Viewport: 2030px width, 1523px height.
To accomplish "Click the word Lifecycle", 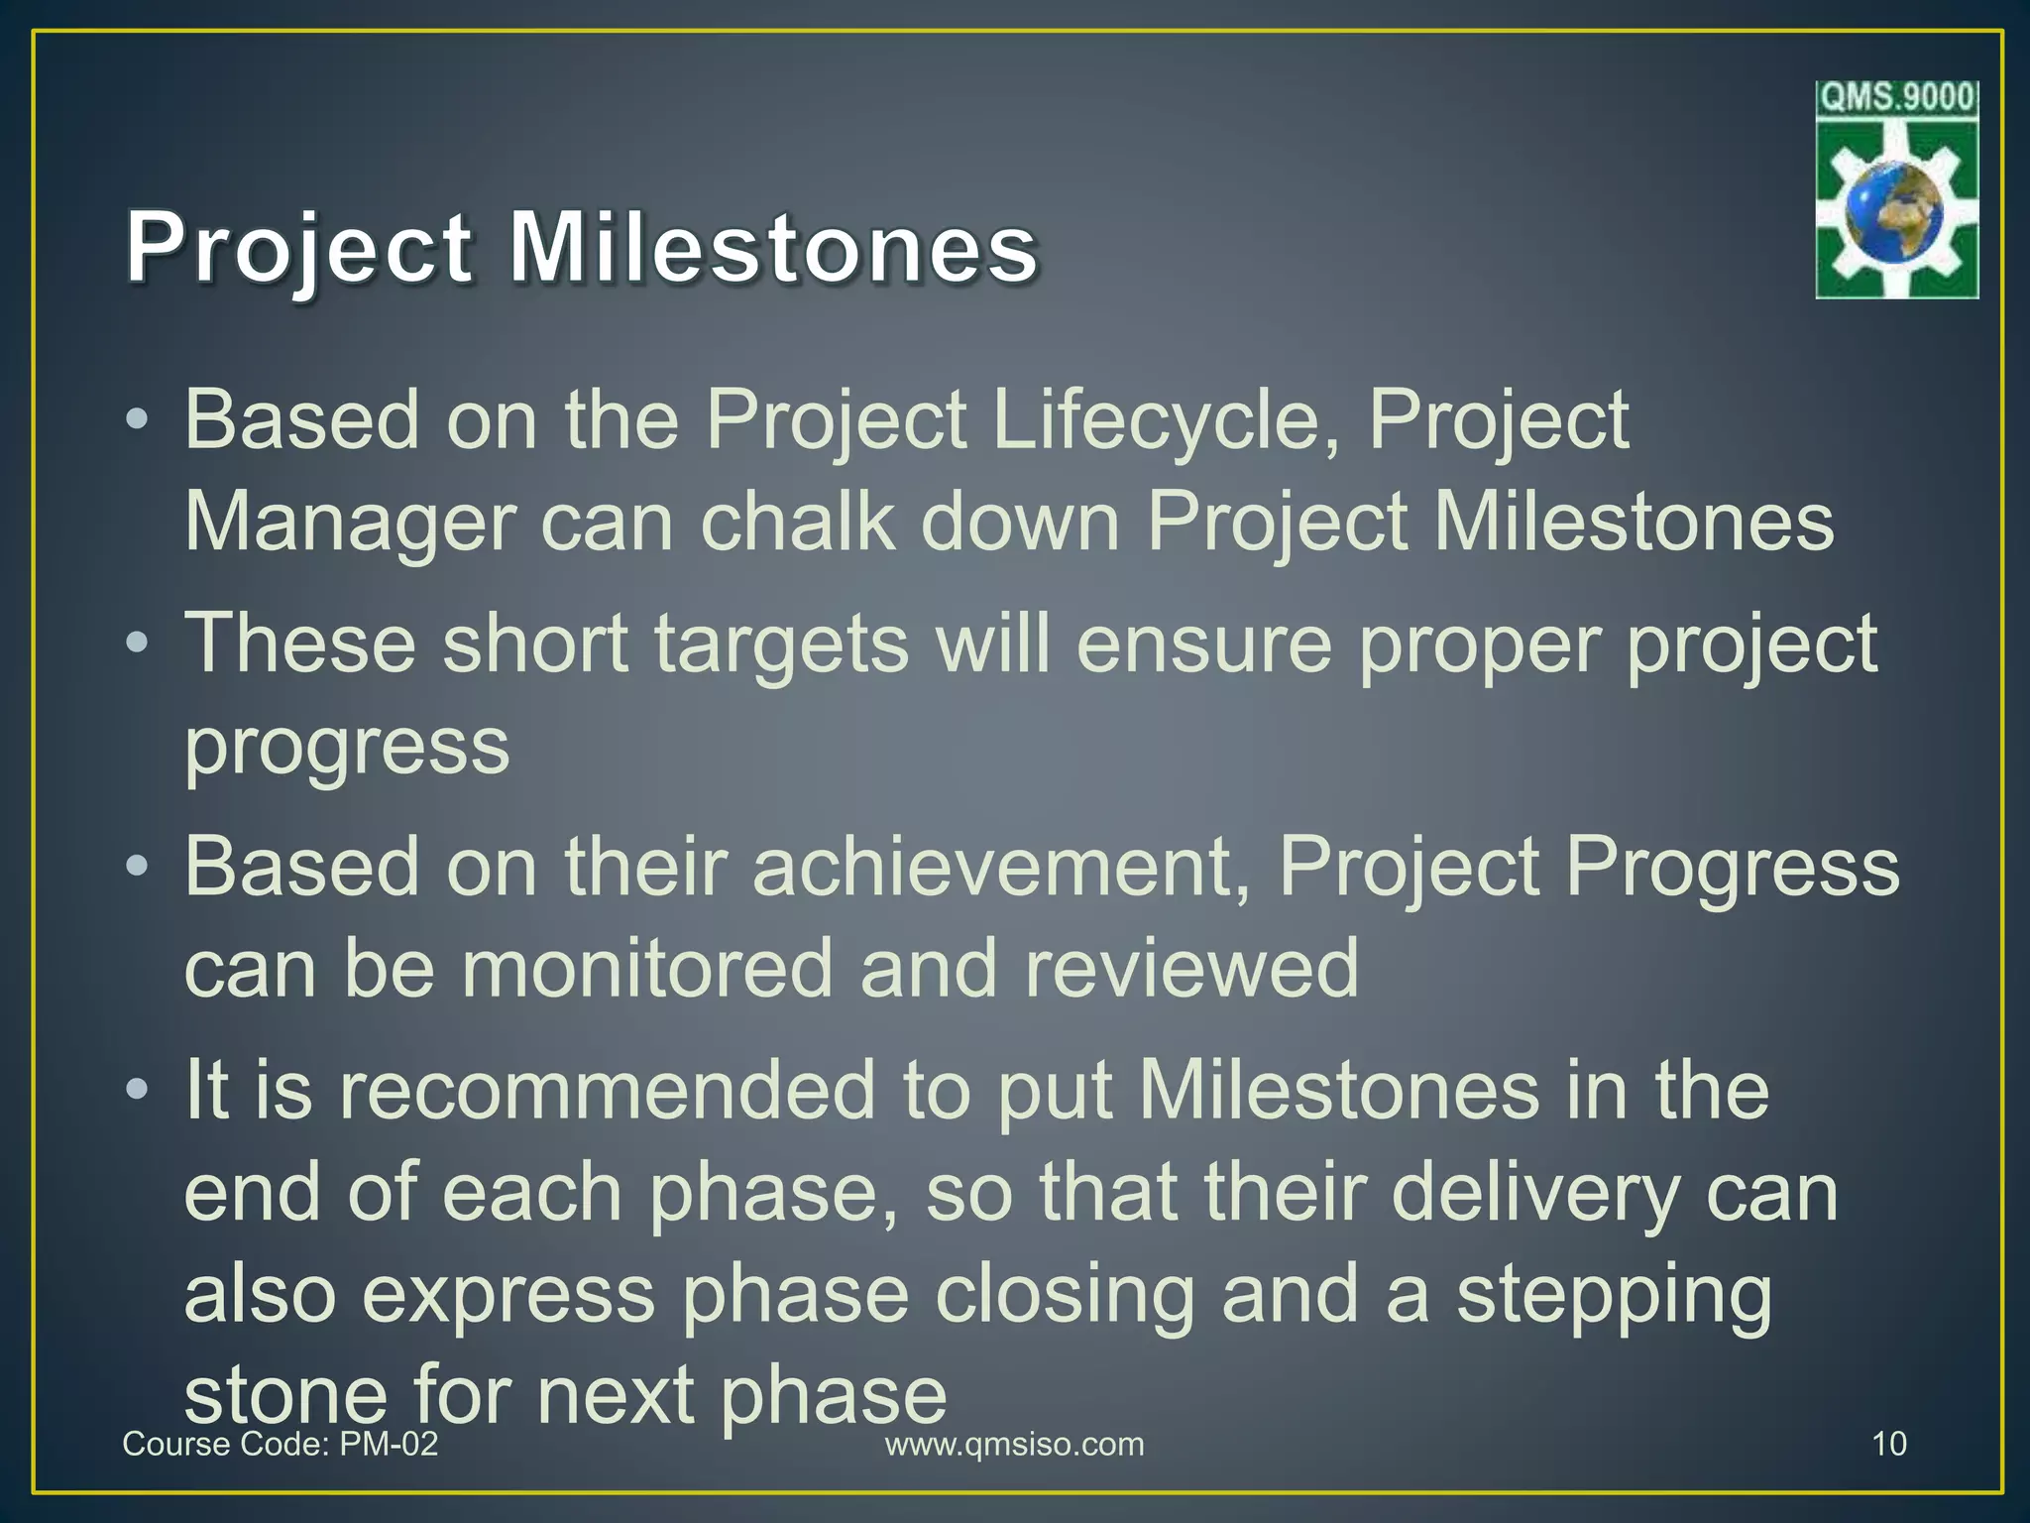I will (x=1166, y=421).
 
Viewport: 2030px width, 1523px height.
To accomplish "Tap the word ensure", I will (x=1203, y=644).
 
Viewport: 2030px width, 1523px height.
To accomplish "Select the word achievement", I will (x=1001, y=868).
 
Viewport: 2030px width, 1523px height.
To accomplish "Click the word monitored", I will (x=646, y=969).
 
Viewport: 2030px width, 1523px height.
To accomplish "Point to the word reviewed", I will (x=1191, y=969).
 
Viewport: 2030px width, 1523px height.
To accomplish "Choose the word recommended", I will (x=608, y=1091).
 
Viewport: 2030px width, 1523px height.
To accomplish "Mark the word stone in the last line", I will (x=284, y=1394).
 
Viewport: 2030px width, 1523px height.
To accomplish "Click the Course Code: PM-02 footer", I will (x=280, y=1444).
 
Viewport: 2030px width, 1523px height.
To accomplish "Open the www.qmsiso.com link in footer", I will (x=1014, y=1444).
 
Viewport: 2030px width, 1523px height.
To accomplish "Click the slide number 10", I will (x=1889, y=1444).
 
